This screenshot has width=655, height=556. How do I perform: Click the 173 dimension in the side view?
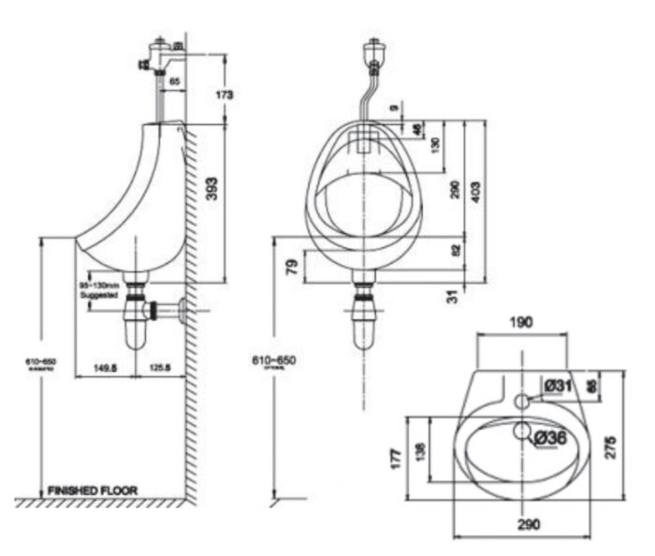click(223, 95)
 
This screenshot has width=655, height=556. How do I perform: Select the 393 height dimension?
click(212, 194)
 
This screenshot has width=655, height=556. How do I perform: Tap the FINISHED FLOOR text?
click(93, 490)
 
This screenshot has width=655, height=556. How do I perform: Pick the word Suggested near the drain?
click(99, 294)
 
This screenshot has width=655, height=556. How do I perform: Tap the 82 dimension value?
click(456, 251)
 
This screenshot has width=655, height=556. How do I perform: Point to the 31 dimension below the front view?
click(453, 296)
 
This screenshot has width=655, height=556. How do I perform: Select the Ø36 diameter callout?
click(550, 436)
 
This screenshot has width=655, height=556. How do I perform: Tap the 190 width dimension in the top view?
click(521, 322)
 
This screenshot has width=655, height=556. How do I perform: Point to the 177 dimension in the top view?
click(396, 456)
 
